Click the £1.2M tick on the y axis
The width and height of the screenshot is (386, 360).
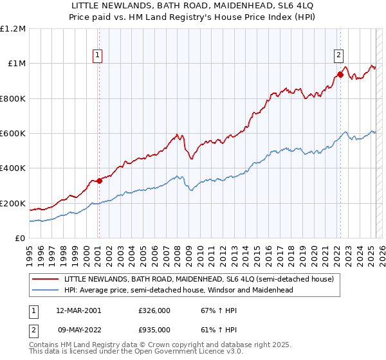point(13,29)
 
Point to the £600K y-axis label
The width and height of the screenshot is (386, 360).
point(13,134)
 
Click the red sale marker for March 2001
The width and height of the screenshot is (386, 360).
point(99,181)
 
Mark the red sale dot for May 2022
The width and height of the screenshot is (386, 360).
point(340,75)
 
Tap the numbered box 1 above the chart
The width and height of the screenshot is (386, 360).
point(97,56)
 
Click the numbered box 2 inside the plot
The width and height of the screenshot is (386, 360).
point(338,55)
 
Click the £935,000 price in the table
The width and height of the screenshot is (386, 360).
point(154,329)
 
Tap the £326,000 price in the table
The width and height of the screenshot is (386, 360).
point(154,310)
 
